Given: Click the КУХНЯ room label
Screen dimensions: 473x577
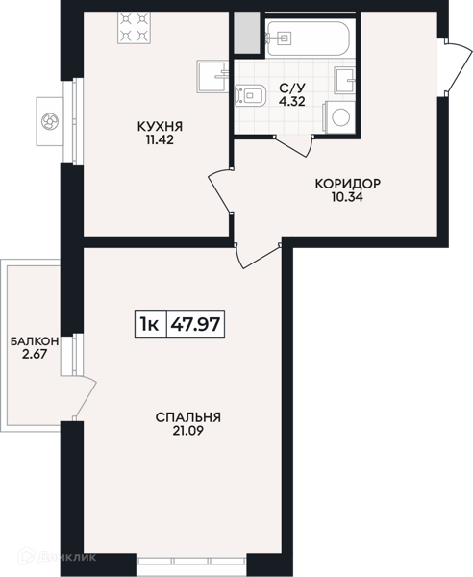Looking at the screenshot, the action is tap(160, 127).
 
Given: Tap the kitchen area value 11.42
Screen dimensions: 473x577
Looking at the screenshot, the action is tap(160, 140).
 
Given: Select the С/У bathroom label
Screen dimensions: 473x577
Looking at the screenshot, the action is tap(292, 88).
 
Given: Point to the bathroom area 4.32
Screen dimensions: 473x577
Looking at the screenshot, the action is tap(292, 101).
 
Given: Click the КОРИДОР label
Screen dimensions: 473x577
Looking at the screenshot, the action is tap(348, 184).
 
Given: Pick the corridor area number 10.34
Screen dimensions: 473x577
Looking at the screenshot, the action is tap(348, 197).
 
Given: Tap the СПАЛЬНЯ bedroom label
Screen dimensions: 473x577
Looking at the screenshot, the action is tap(187, 417).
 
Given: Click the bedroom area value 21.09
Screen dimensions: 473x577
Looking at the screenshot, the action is tap(187, 431).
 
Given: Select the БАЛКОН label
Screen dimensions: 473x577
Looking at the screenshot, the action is tap(35, 341).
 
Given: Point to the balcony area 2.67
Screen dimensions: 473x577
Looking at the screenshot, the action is tap(35, 354).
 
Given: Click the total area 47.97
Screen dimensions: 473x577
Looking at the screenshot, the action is tap(196, 324).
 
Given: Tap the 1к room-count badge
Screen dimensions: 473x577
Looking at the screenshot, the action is tap(149, 324).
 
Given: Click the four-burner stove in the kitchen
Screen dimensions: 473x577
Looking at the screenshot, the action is tap(133, 28).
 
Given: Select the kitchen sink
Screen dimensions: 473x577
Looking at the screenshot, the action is tap(213, 77).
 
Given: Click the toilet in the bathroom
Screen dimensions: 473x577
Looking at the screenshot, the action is tap(250, 95).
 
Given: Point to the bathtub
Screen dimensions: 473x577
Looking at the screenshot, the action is tap(311, 38).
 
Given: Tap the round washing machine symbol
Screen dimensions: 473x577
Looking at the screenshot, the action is tap(340, 116).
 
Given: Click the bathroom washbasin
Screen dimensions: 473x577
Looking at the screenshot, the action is tap(344, 80).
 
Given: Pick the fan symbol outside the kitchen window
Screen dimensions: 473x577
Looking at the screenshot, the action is tap(50, 121).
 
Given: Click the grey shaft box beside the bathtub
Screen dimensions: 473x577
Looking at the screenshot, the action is tap(247, 33).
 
